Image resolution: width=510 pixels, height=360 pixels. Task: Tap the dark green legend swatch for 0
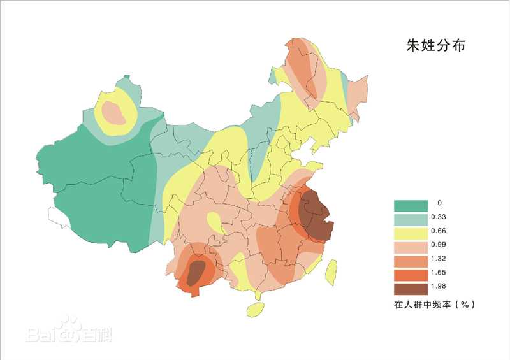point(410,205)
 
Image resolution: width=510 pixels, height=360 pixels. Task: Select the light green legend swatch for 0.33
point(410,219)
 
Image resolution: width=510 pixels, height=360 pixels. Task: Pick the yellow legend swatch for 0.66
point(410,233)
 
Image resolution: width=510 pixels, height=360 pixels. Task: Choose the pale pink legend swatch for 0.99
point(410,247)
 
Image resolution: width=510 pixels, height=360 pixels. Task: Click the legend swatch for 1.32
point(410,261)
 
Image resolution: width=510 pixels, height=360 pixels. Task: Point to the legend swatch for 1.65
point(410,275)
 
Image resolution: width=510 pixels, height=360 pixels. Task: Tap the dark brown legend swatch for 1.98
point(410,289)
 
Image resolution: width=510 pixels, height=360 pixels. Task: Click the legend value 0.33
point(439,217)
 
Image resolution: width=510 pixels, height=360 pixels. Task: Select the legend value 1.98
point(439,287)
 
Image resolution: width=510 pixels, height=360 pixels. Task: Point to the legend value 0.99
point(439,245)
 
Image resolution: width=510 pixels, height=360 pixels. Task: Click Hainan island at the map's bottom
point(255,310)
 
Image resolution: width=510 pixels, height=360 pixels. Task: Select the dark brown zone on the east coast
point(316,215)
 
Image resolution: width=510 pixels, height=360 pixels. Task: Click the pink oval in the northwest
point(114,112)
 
